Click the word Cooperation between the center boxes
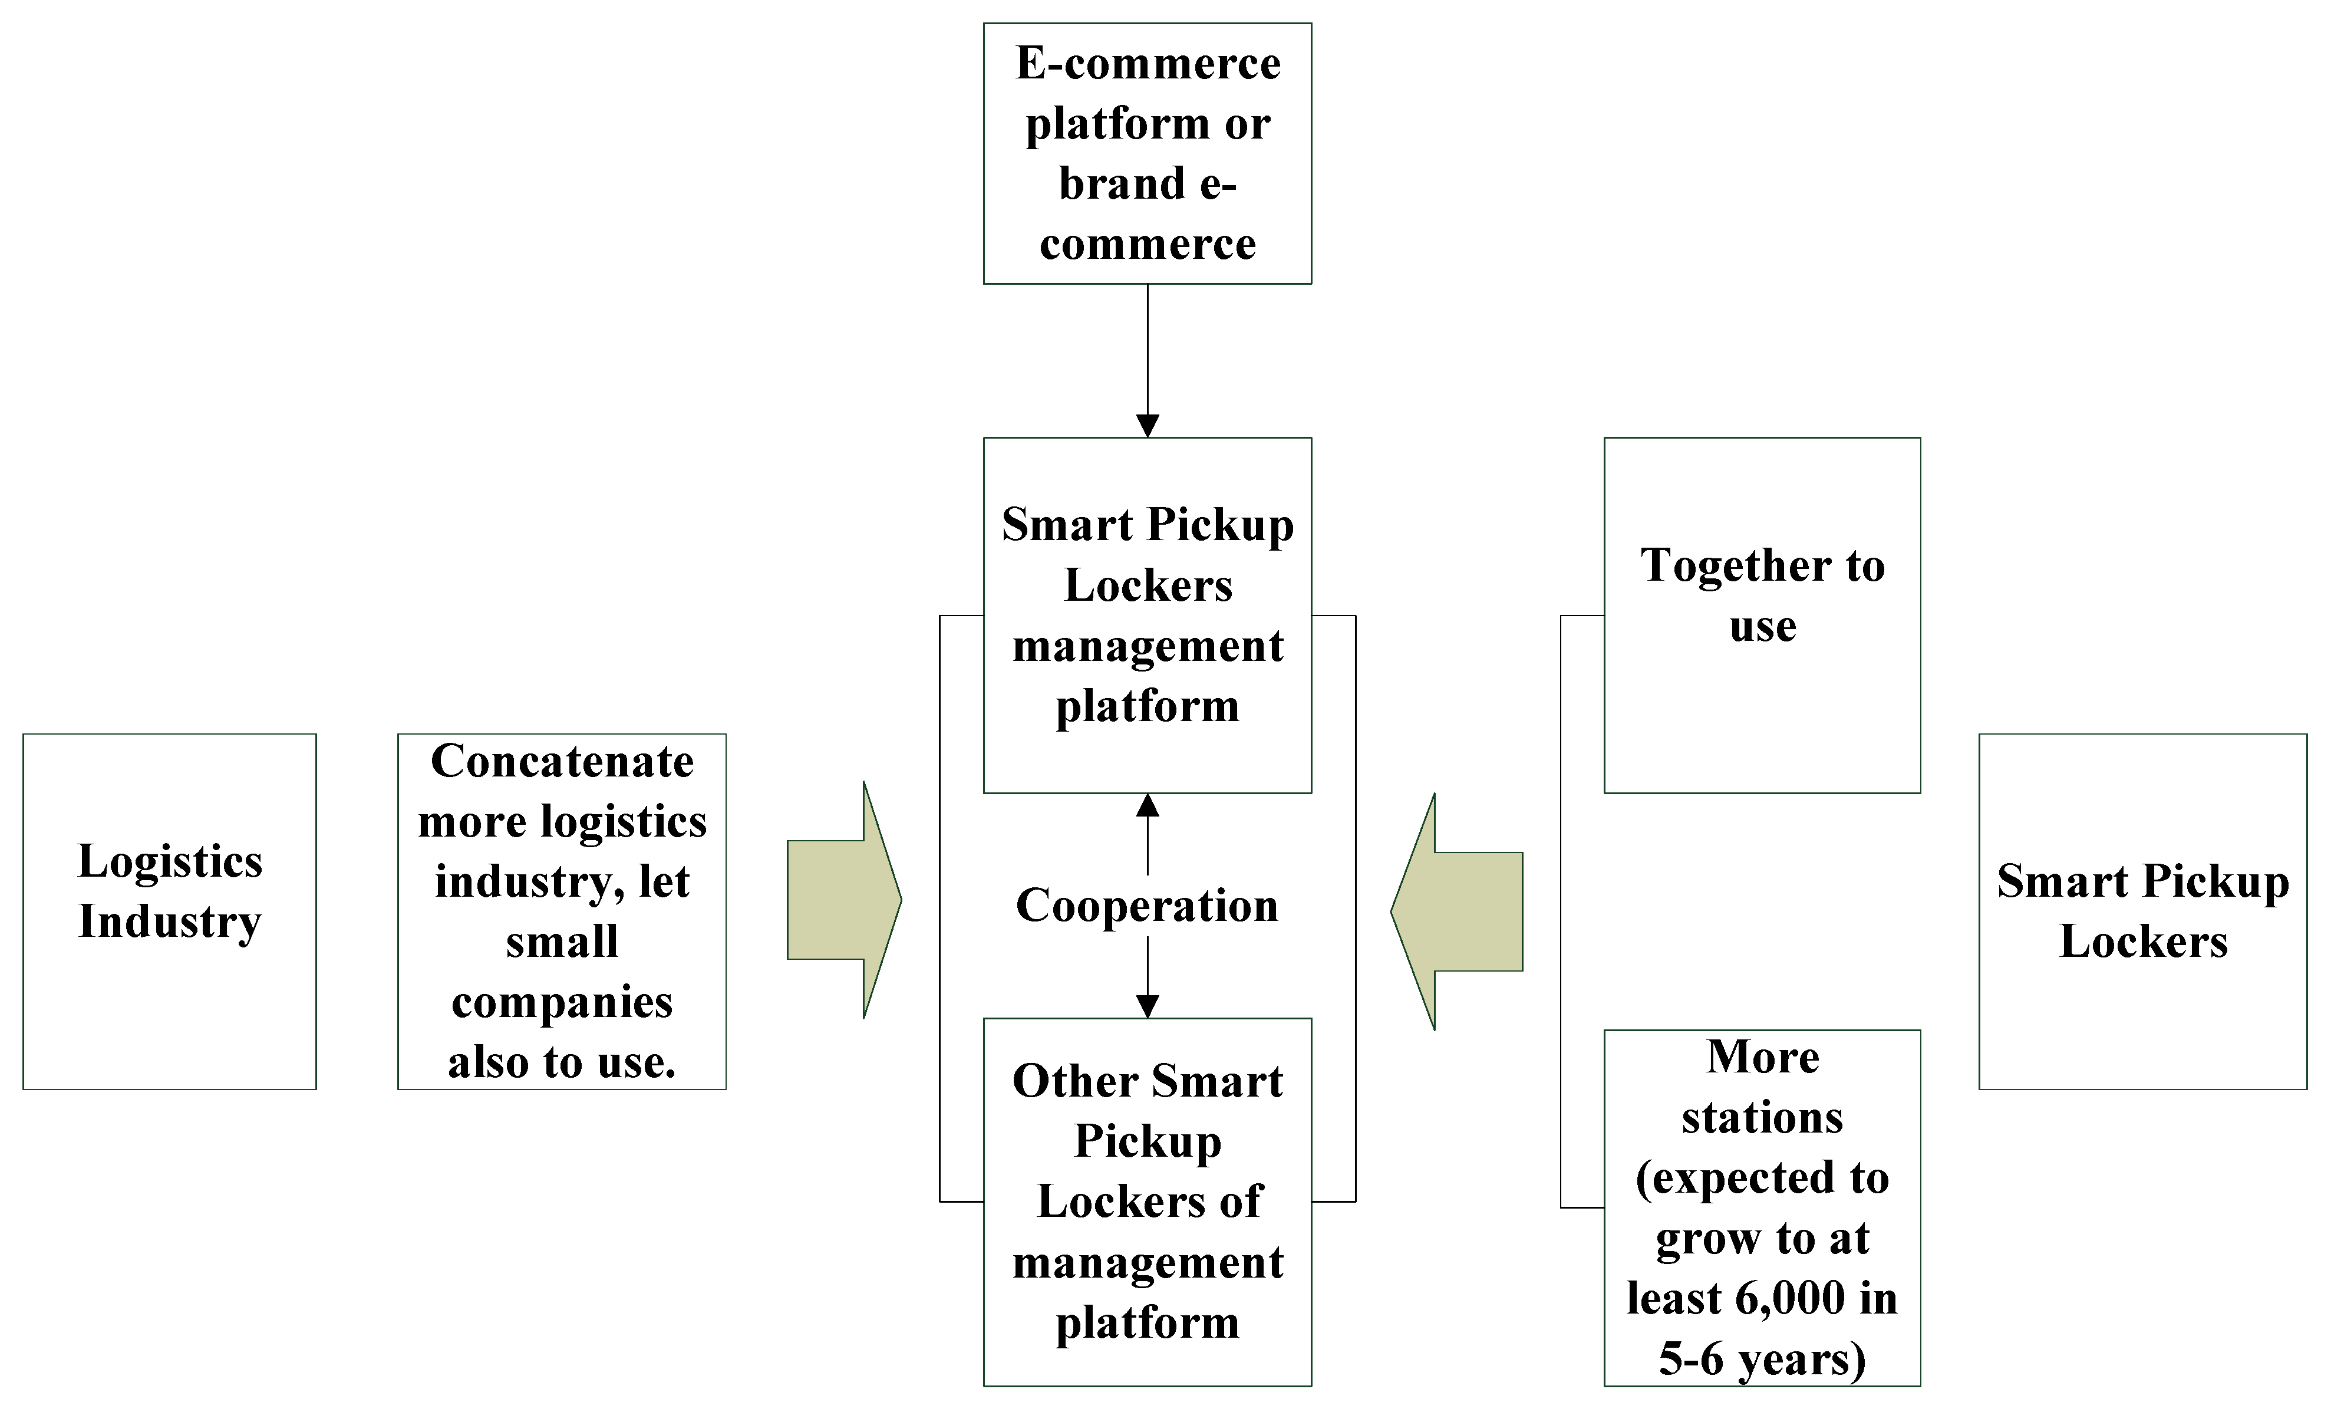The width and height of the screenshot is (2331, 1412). (x=1146, y=906)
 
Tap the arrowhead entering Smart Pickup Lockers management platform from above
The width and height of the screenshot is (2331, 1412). (x=1148, y=426)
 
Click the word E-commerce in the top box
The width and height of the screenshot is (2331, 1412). (x=1148, y=64)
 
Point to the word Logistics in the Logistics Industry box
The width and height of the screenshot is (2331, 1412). (x=170, y=861)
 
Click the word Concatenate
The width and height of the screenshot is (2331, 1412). (x=562, y=762)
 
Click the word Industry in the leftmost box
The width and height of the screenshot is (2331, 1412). (x=170, y=921)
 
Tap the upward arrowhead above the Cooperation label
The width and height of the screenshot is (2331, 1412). (x=1148, y=805)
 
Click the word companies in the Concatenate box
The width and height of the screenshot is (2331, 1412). (x=562, y=1002)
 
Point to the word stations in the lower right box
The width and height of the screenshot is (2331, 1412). (x=1762, y=1118)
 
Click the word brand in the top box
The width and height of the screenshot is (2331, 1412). (x=1121, y=183)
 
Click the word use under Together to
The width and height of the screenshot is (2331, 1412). (x=1762, y=627)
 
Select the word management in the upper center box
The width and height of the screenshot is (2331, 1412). (x=1148, y=646)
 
